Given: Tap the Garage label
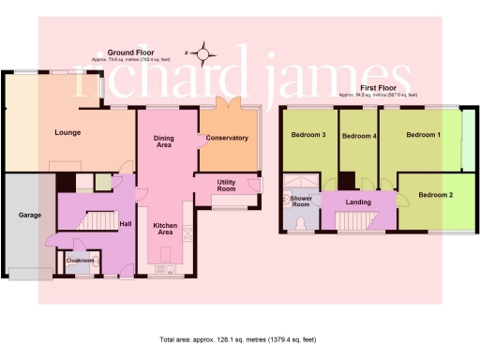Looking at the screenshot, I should (30, 215).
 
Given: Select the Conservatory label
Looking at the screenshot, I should (229, 138).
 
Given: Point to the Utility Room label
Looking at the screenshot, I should (225, 186).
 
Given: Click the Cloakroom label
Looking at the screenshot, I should (80, 260).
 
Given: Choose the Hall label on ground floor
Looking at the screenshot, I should (124, 224).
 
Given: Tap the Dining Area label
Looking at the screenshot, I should (164, 142).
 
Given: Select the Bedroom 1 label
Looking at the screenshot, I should (422, 135).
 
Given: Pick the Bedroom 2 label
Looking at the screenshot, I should (435, 195).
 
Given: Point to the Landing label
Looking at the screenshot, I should (357, 202).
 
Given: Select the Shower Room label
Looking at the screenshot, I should (301, 202).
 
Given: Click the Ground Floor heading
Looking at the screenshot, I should (130, 53).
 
